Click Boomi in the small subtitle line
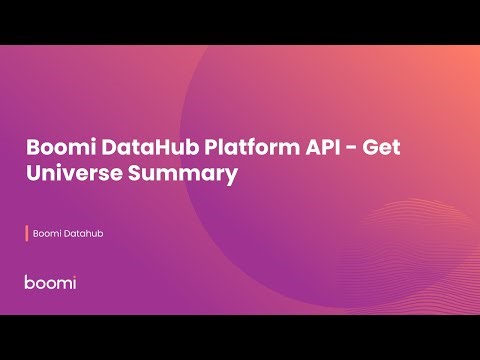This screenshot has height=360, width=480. point(46,234)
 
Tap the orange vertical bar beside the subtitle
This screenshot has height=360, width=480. point(26,234)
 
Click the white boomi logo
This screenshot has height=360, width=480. point(50,282)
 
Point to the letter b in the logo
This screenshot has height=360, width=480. point(30,282)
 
